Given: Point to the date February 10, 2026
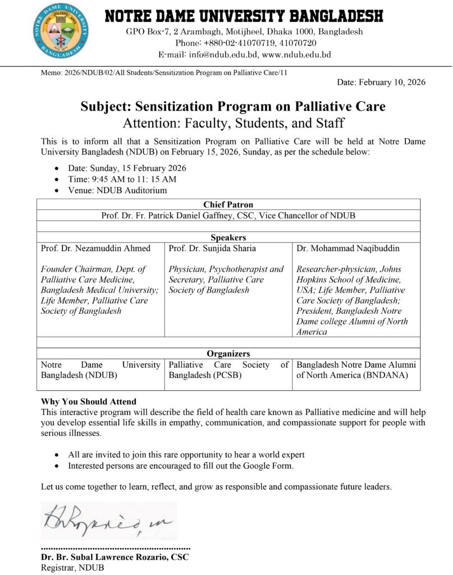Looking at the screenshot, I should [x=381, y=83].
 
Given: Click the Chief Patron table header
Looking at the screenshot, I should [x=228, y=204].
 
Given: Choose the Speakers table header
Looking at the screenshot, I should [x=228, y=237].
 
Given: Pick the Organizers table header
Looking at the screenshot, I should [x=228, y=354].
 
